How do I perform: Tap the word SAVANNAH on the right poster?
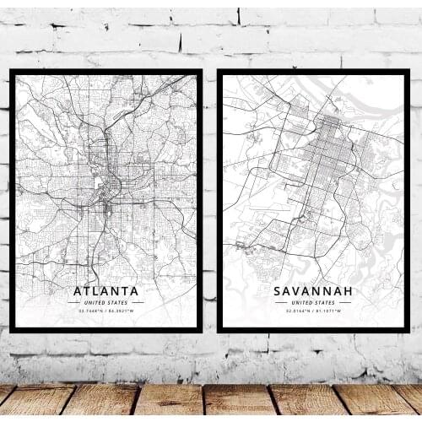point(312,292)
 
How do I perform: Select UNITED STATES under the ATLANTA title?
point(106,302)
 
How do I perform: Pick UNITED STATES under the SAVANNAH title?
point(312,302)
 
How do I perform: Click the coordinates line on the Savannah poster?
point(312,311)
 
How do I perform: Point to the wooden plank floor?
point(211,402)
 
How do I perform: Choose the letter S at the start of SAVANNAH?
point(278,292)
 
